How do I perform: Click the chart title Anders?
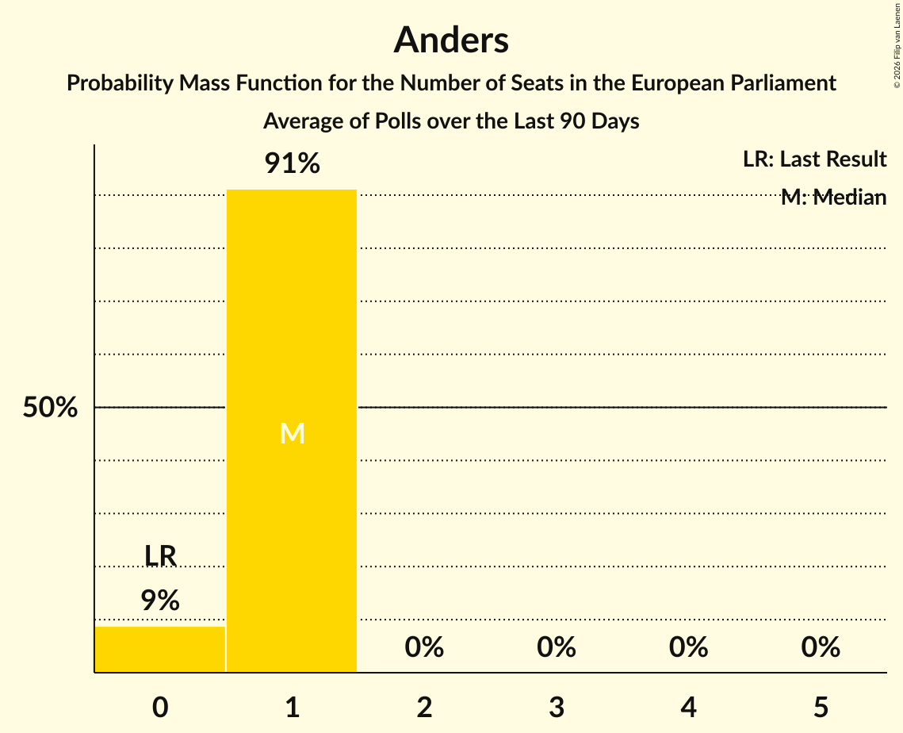tap(451, 40)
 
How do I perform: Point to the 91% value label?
tap(292, 164)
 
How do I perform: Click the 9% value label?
tap(160, 601)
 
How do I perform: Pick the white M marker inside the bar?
tap(292, 433)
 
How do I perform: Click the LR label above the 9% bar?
tap(160, 556)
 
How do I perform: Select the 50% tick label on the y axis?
tap(50, 408)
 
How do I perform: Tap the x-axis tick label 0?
tap(160, 707)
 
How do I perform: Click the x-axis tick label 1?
tap(293, 707)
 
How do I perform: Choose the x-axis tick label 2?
tap(424, 707)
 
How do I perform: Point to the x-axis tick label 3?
tap(557, 707)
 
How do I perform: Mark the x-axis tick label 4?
tap(688, 707)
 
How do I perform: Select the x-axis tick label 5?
tap(821, 707)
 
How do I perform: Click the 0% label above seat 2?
tap(424, 647)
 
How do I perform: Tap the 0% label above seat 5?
tap(821, 647)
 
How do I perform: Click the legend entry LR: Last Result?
tap(814, 159)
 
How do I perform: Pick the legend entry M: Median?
tap(833, 197)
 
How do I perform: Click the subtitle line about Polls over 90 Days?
tap(451, 121)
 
